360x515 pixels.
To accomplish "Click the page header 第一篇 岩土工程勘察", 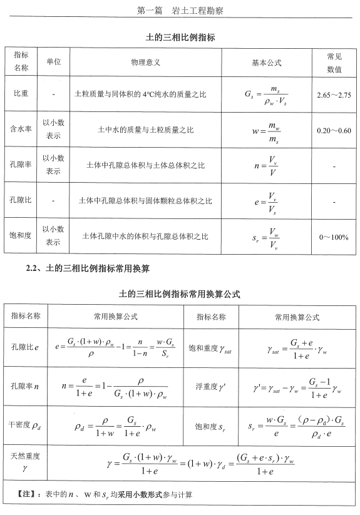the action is (180, 11).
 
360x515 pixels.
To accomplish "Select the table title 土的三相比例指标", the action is (180, 38).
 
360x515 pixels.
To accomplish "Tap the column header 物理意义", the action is (145, 63).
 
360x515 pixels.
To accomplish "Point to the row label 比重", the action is (21, 94).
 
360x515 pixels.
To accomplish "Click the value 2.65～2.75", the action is (334, 94).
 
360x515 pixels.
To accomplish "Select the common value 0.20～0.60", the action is (334, 130).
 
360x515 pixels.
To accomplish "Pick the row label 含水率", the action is (21, 130).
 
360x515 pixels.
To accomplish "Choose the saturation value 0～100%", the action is (334, 237).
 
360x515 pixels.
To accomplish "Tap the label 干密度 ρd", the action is (25, 425).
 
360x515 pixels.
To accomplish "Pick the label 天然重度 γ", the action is (25, 462).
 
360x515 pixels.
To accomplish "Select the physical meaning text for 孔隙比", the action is (145, 201).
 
